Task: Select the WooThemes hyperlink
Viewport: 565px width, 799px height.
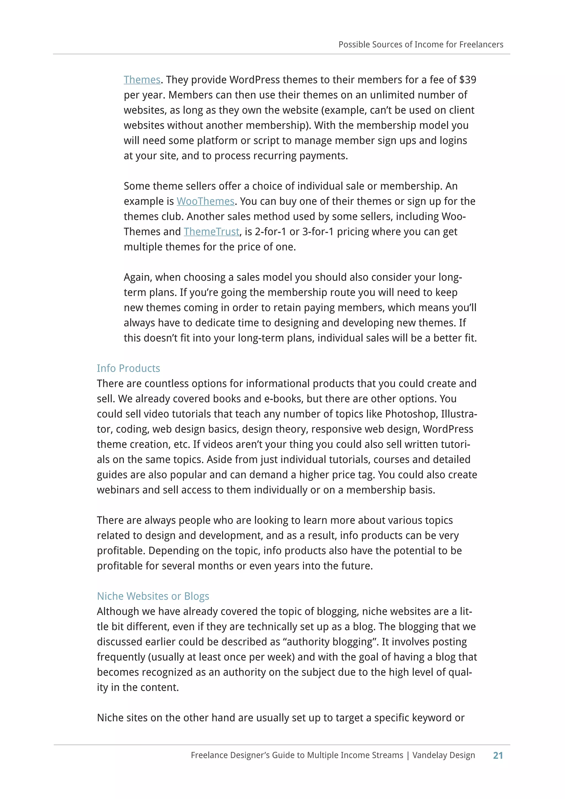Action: point(205,201)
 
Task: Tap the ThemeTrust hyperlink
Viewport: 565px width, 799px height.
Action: point(211,231)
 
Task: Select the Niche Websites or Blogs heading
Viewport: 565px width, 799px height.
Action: point(153,596)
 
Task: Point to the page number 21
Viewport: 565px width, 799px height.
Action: point(498,755)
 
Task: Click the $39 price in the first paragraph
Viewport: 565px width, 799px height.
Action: point(467,80)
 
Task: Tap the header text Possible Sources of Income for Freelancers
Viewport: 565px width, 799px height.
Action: point(421,44)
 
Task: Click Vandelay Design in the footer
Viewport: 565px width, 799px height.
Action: point(443,755)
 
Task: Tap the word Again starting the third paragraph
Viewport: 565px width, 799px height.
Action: point(138,277)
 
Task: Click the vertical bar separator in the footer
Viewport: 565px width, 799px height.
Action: point(408,755)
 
